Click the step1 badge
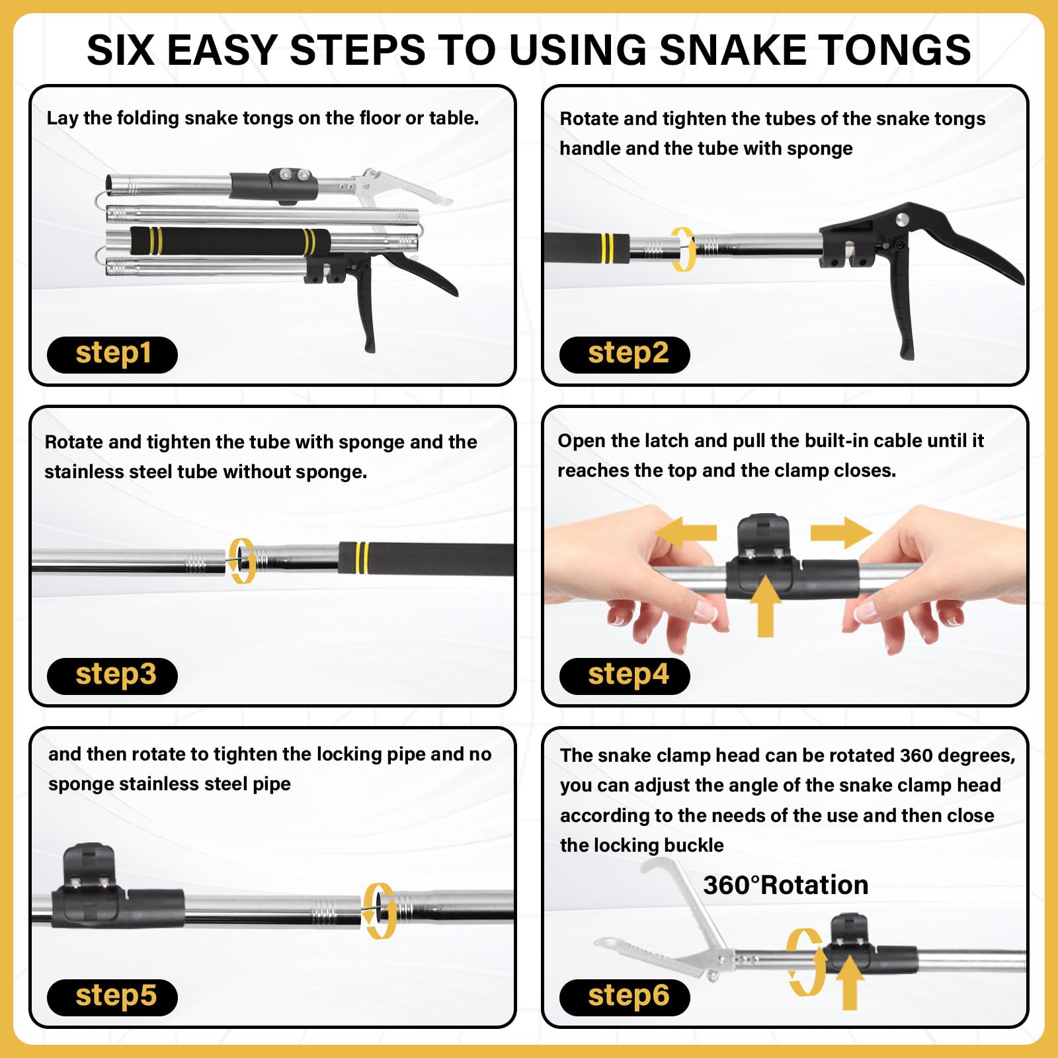(112, 354)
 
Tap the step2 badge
(625, 354)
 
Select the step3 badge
(112, 676)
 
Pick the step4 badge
(625, 676)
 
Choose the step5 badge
(112, 997)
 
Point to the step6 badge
(625, 997)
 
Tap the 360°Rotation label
(786, 885)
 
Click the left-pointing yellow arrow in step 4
(685, 533)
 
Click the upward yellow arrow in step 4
(765, 605)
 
